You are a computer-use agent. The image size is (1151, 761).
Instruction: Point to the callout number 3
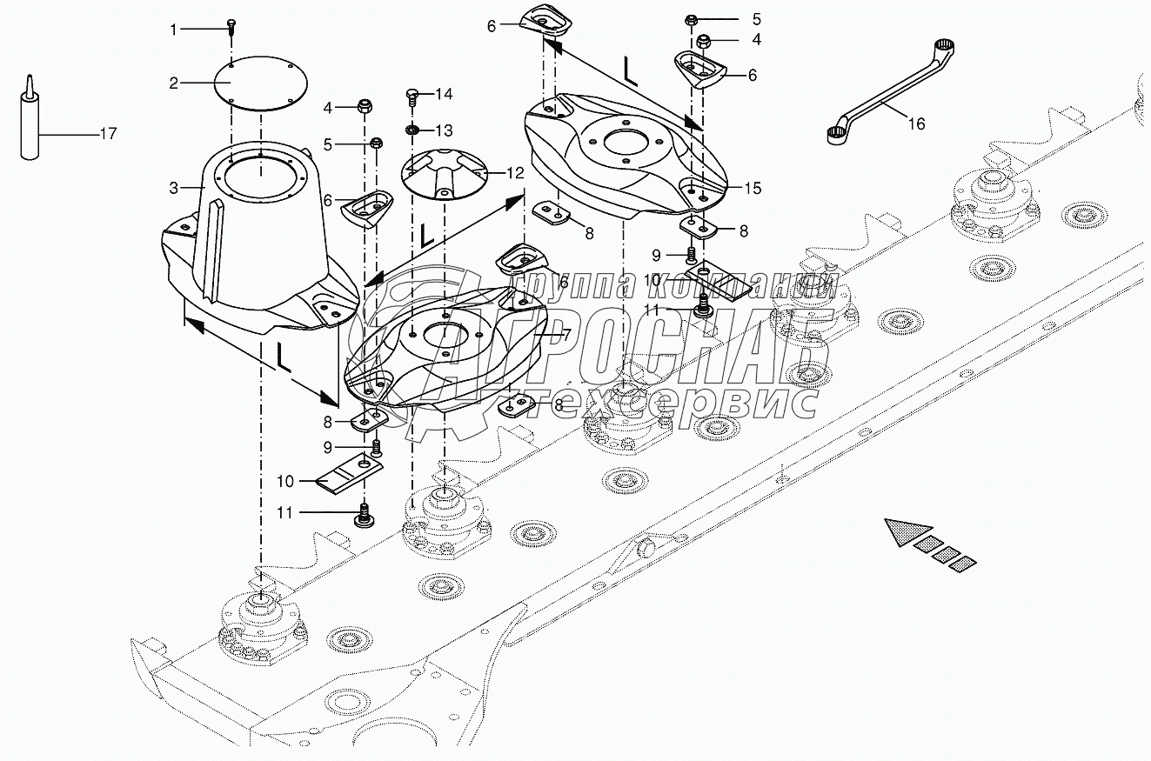[x=174, y=187]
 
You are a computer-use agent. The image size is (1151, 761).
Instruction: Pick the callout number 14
[x=445, y=93]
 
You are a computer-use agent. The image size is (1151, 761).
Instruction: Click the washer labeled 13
[x=413, y=131]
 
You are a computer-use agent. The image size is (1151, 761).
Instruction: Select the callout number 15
[x=753, y=188]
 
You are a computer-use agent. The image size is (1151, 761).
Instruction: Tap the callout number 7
[x=565, y=334]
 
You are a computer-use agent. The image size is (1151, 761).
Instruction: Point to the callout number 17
[x=108, y=134]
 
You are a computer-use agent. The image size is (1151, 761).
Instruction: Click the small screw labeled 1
[x=231, y=25]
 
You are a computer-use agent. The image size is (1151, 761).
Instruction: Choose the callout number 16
[x=917, y=124]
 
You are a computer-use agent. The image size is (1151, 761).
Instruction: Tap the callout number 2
[x=174, y=83]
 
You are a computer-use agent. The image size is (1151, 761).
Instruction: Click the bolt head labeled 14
[x=413, y=93]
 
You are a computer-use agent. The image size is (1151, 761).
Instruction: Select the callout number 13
[x=445, y=131]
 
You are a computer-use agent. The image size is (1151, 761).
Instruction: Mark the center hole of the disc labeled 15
[x=624, y=140]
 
